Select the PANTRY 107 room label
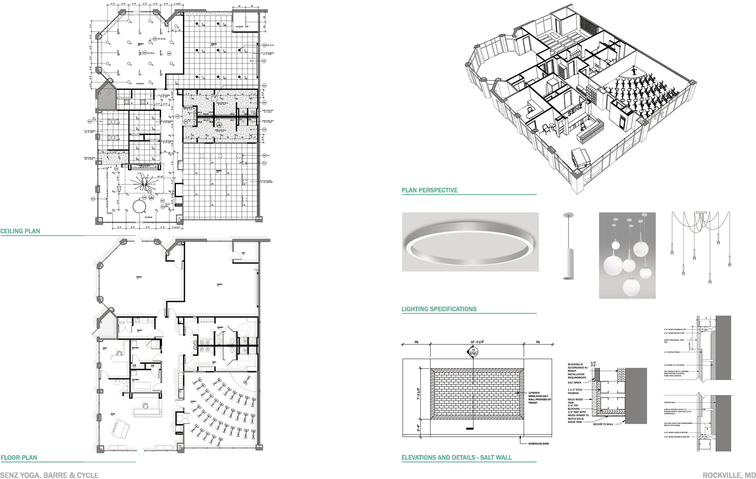click(139, 331)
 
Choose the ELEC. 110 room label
click(243, 253)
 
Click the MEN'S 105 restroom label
click(214, 363)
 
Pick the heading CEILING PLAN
click(20, 231)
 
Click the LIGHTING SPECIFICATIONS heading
click(439, 309)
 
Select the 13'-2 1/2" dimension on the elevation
click(477, 342)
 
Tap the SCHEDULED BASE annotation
click(538, 444)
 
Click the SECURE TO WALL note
click(603, 424)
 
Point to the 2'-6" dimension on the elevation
click(419, 428)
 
